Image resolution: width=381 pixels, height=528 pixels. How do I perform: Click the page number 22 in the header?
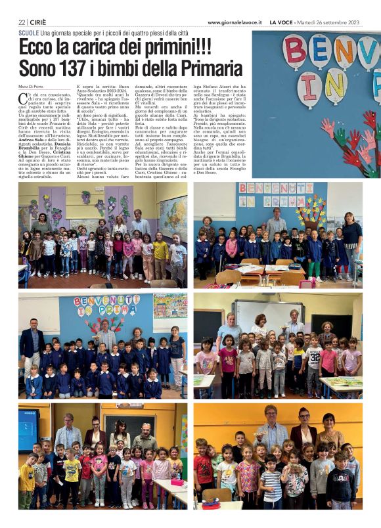pos(23,22)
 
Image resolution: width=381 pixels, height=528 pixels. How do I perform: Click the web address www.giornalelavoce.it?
pos(235,22)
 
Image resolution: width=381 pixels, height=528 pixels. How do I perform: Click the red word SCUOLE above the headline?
pos(28,32)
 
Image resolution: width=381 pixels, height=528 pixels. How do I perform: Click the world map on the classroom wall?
pos(173,215)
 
